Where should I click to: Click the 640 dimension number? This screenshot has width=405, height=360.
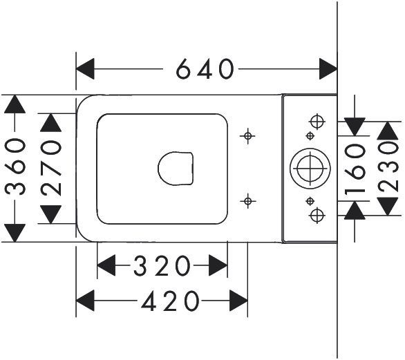205,69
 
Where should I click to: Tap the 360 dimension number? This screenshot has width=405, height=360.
15,167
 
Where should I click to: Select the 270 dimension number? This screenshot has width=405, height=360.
51,168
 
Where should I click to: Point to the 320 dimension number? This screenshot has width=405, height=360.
162,265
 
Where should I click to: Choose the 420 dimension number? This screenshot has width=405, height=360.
171,301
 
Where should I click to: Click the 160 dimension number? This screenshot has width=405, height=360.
355,169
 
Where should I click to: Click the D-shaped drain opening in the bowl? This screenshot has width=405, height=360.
176,169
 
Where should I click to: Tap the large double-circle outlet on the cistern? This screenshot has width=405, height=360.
310,169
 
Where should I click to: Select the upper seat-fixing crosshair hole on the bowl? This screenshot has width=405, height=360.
247,136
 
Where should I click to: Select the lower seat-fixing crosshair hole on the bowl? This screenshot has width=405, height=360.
247,201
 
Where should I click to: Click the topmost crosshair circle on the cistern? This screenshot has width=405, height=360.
317,122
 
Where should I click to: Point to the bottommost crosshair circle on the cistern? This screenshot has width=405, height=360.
317,215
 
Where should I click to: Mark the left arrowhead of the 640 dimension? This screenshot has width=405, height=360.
85,69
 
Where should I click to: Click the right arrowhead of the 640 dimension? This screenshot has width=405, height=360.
328,69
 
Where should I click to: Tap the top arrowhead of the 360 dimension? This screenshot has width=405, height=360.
15,104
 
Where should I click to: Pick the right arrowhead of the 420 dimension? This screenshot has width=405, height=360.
238,301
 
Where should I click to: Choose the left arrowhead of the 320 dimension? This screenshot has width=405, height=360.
106,265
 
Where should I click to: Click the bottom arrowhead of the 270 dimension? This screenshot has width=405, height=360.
51,214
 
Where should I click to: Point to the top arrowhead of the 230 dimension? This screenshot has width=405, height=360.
388,131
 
